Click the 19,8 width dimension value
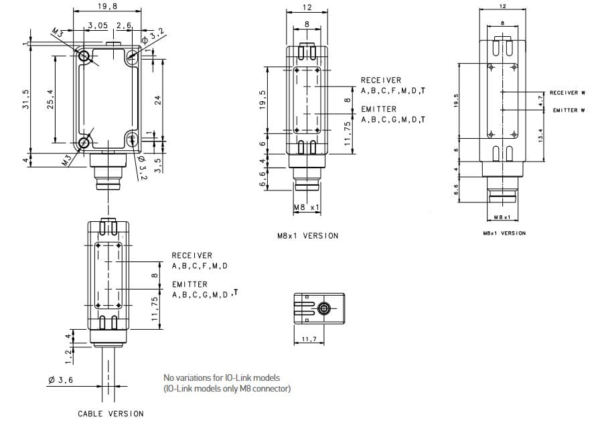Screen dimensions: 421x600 tap(106, 6)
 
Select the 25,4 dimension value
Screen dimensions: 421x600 tap(50, 98)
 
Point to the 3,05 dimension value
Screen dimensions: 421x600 tap(98, 25)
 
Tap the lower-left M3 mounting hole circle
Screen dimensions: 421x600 tap(84, 142)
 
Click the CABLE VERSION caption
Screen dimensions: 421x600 tap(110, 414)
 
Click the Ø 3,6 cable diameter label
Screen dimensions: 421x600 tap(60, 381)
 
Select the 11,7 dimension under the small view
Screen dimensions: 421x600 tap(309, 341)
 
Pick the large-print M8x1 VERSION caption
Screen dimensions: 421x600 tap(307, 235)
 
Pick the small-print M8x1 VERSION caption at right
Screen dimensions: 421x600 tap(504, 233)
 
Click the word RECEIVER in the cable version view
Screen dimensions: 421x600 tap(192, 255)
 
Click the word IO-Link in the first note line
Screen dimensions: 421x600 tap(234, 377)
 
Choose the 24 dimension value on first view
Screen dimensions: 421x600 tap(158, 100)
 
